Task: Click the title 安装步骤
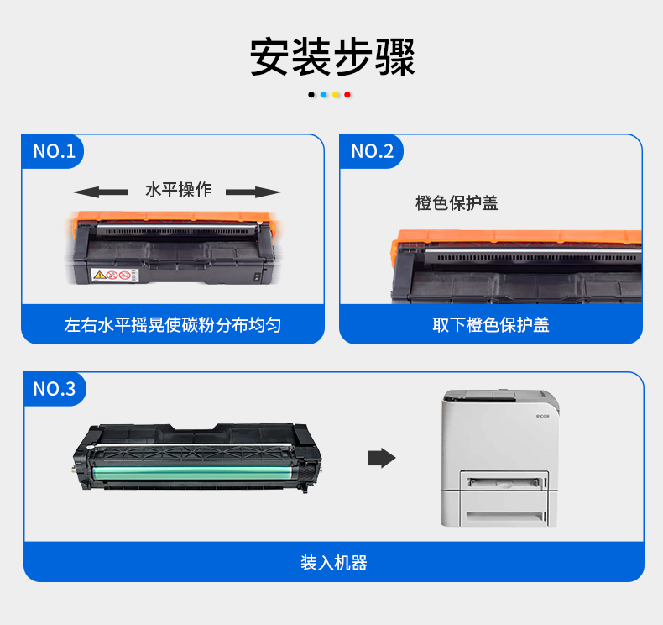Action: click(332, 57)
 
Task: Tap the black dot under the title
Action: click(311, 95)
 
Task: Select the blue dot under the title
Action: click(323, 95)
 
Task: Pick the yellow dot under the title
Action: click(336, 95)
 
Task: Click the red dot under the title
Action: click(347, 95)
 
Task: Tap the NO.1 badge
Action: click(53, 151)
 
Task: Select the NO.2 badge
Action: click(372, 151)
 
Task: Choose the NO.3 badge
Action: click(55, 389)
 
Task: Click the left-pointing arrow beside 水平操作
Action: click(101, 192)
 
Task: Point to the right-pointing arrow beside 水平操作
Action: click(253, 192)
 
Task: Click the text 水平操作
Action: click(179, 190)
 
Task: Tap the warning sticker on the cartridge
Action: click(115, 275)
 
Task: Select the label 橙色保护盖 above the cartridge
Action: click(457, 203)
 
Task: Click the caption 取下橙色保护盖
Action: click(490, 325)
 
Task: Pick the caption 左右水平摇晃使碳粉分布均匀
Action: click(173, 325)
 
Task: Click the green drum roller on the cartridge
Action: click(196, 473)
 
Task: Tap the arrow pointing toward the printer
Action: click(381, 458)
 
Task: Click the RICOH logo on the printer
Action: click(543, 417)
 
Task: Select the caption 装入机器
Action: click(334, 563)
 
